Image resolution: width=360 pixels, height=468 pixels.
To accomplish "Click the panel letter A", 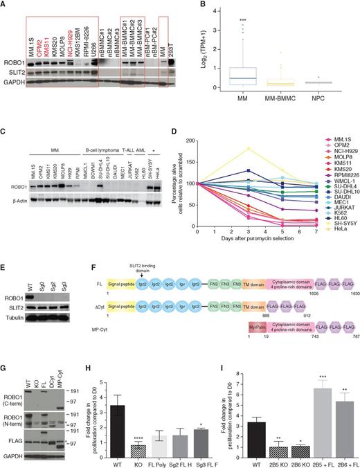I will (6, 6).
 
